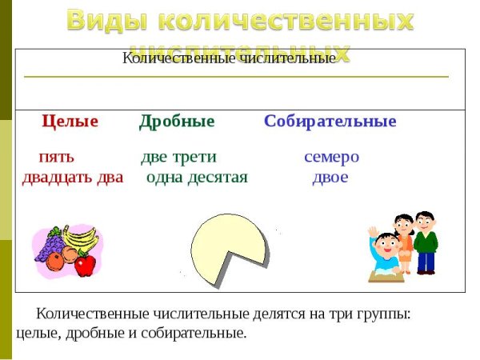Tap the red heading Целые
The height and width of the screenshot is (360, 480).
pos(70,122)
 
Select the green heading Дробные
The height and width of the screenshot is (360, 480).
pos(177,122)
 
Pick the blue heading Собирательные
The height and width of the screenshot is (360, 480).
pos(330,122)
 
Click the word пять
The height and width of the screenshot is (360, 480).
pos(56,157)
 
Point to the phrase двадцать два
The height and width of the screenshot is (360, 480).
pos(73,177)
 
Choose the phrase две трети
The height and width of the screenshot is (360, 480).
pos(178,157)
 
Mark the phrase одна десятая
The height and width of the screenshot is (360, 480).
pos(197,177)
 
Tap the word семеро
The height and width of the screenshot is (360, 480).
pos(331,157)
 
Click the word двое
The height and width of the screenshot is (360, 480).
pos(330,177)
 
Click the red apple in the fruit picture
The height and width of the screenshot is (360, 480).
pos(85,264)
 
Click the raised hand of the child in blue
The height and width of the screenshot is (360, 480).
pos(372,233)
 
